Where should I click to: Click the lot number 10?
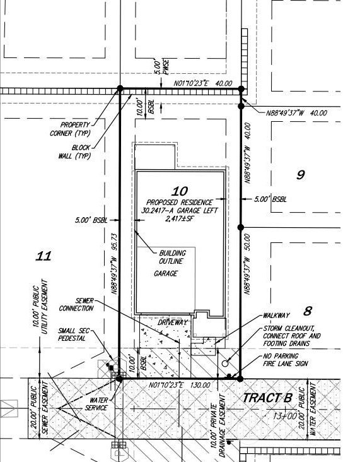pos(180,191)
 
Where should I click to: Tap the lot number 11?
pos(44,256)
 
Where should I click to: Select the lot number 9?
pos(300,175)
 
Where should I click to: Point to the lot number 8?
pos(308,311)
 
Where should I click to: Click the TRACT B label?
pos(267,398)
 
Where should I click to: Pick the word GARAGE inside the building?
pos(165,273)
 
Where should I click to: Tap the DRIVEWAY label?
pos(173,323)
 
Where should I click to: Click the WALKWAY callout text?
pos(276,316)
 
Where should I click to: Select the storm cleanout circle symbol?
pos(225,364)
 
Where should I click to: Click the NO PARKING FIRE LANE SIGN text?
pos(286,360)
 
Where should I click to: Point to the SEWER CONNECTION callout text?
pos(76,304)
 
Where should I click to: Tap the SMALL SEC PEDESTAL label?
pos(74,335)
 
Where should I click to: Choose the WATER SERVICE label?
pos(96,404)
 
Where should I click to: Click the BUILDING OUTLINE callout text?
pos(173,257)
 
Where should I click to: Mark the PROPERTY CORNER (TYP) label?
pos(70,129)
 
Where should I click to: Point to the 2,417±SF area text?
pos(180,218)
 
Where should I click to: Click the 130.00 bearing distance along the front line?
pos(200,385)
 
